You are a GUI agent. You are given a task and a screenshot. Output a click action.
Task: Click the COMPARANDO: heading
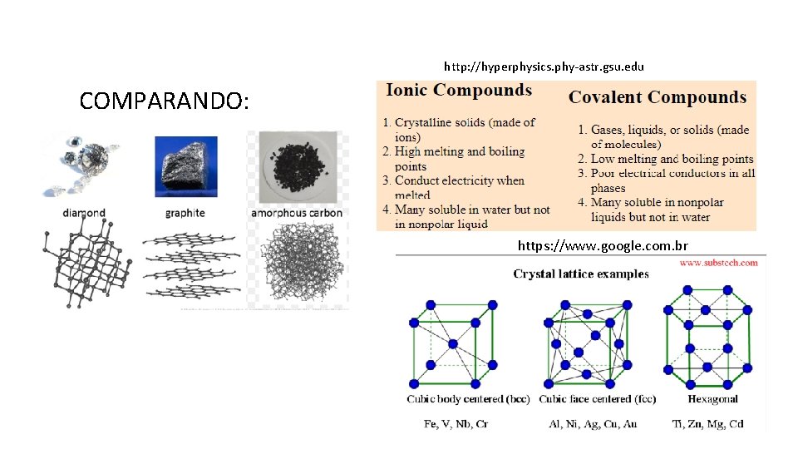click(164, 101)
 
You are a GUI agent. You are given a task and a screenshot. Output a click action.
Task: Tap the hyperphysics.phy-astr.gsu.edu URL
click(544, 66)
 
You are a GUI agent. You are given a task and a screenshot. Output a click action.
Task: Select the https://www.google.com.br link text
click(603, 245)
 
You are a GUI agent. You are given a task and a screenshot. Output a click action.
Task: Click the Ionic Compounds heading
click(459, 91)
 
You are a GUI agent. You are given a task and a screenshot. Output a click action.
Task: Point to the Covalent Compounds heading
click(658, 97)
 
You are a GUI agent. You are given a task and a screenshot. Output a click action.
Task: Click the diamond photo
click(82, 165)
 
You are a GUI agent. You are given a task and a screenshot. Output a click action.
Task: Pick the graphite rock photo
click(185, 167)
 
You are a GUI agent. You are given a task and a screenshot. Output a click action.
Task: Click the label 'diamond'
click(83, 213)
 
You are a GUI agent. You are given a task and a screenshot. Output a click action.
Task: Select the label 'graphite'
click(185, 213)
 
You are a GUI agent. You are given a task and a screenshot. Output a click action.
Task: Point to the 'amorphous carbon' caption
click(297, 213)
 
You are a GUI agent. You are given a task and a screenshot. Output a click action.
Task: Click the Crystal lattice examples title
click(581, 274)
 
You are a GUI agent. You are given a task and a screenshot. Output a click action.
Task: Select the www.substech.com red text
click(718, 263)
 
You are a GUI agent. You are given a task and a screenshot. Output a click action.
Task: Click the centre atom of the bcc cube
click(453, 343)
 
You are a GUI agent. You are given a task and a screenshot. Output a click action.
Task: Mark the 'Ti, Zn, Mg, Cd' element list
click(707, 424)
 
